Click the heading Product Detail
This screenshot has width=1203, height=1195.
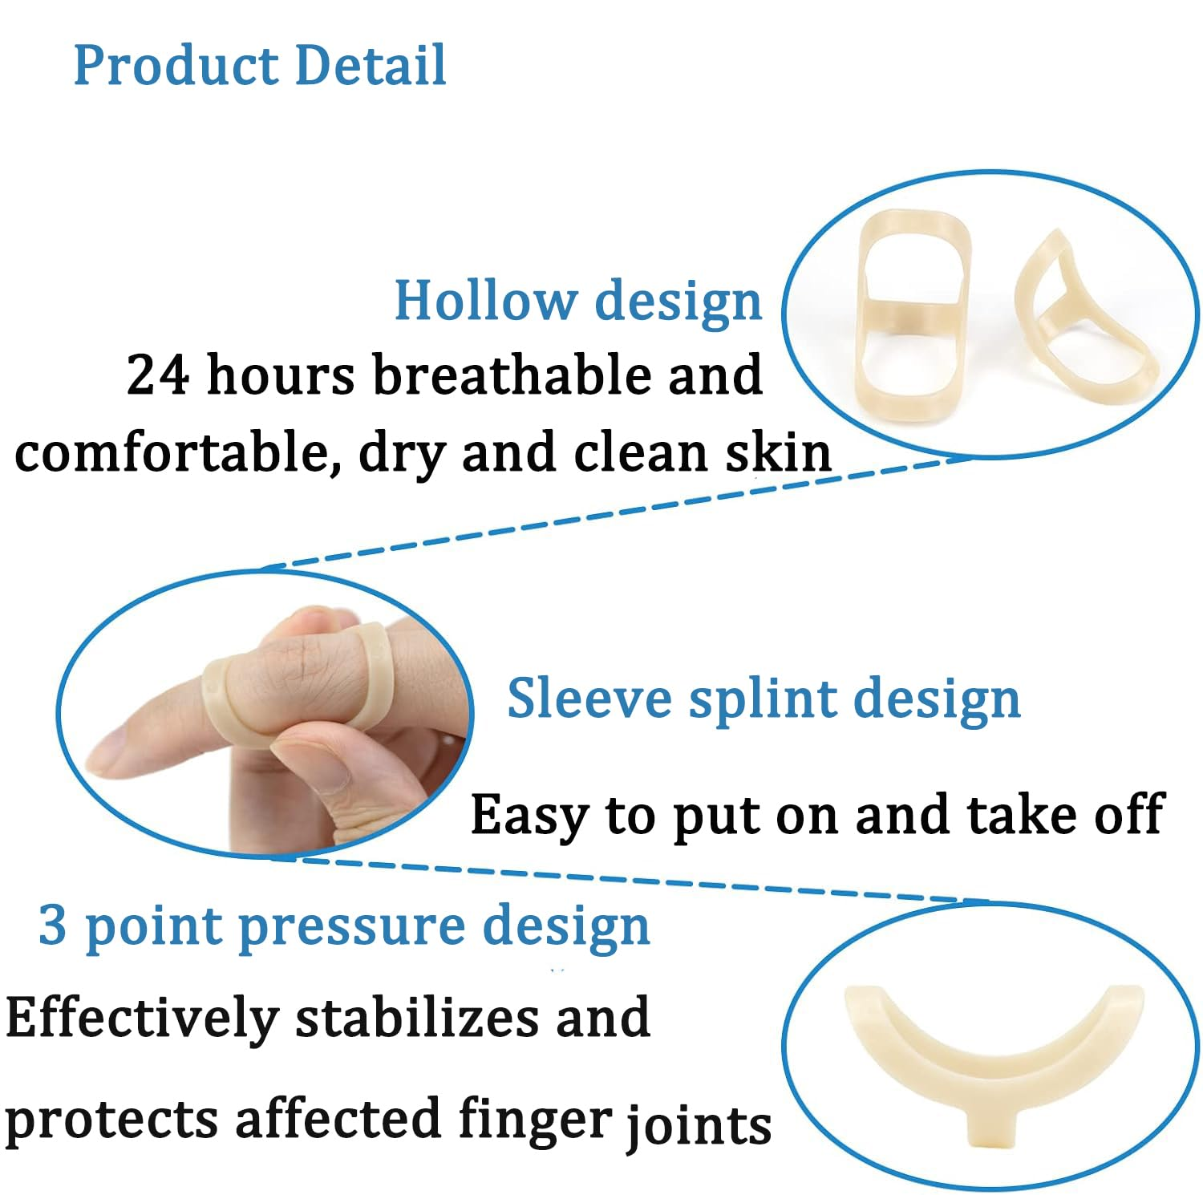(259, 65)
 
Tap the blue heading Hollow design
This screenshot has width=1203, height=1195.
(577, 301)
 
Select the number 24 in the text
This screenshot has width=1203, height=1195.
(157, 375)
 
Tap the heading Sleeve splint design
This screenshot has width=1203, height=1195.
(764, 698)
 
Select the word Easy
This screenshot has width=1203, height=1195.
(529, 816)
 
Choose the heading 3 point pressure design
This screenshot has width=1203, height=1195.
(343, 926)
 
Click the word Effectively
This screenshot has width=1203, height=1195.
(141, 1018)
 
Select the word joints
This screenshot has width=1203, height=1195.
(698, 1124)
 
